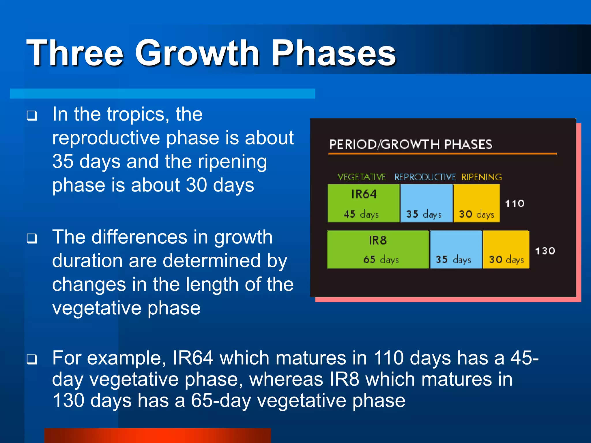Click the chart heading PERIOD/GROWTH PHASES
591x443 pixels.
tap(411, 144)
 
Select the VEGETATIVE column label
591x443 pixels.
tap(362, 177)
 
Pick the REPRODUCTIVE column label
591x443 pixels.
tap(425, 177)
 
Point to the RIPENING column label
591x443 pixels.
tap(481, 177)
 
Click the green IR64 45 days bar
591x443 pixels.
tap(364, 203)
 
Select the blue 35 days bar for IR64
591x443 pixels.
tap(427, 203)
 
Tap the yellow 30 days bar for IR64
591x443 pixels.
tap(476, 203)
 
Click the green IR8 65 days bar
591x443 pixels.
tap(378, 249)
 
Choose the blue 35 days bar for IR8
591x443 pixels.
tap(456, 249)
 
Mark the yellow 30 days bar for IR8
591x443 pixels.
tap(506, 249)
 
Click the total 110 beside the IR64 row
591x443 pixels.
tap(515, 204)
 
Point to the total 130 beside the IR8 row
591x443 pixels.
tap(545, 251)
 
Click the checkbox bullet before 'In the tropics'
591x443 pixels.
tap(32, 116)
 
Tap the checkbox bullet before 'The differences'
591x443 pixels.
tap(32, 239)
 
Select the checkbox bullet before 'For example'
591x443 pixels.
tap(32, 359)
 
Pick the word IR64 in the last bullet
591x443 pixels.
tap(193, 358)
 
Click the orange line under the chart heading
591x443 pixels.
tap(442, 154)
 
